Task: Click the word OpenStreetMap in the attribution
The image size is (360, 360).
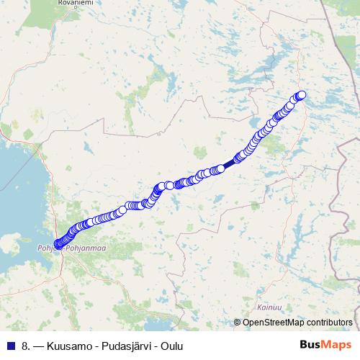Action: (x=274, y=323)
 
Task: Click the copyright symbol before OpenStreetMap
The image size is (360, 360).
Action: (x=238, y=323)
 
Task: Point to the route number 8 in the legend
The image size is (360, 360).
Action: (x=26, y=346)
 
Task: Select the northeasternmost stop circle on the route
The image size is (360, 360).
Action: (x=302, y=95)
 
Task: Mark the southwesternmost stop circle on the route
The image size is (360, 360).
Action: (x=58, y=245)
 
